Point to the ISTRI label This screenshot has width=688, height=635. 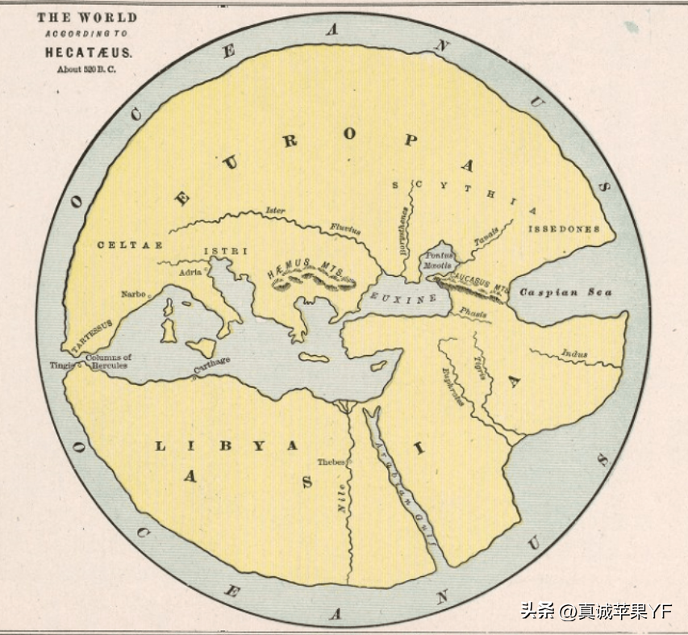pyautogui.click(x=225, y=251)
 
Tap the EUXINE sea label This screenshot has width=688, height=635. pyautogui.click(x=402, y=298)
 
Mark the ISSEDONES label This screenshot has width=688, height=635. pyautogui.click(x=564, y=229)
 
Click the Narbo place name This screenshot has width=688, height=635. pyautogui.click(x=133, y=295)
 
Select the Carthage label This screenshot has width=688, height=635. pyautogui.click(x=211, y=367)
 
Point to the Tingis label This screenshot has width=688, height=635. pyautogui.click(x=60, y=365)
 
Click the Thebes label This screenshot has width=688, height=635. pyautogui.click(x=331, y=462)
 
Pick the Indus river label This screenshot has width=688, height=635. pyautogui.click(x=574, y=353)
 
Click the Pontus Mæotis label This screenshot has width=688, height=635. pyautogui.click(x=440, y=259)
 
